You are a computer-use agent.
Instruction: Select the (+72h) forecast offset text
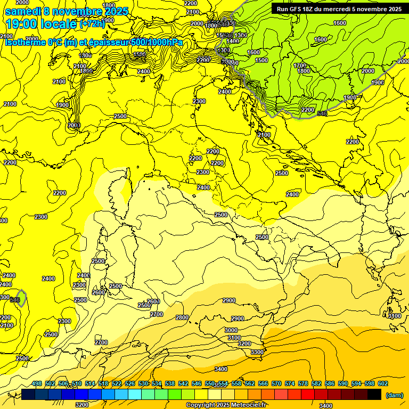(93, 24)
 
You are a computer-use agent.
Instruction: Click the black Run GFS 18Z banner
(339, 9)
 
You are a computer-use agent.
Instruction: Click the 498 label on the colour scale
(37, 383)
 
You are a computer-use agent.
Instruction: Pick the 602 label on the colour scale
(383, 383)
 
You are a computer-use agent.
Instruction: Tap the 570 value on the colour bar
(276, 383)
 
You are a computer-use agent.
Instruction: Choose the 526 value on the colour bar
(130, 383)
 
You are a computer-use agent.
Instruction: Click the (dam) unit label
(394, 395)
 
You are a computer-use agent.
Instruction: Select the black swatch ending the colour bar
(374, 394)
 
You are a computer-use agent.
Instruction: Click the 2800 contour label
(182, 317)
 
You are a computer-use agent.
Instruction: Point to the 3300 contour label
(257, 352)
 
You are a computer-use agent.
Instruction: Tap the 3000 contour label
(232, 330)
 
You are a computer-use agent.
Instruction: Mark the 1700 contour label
(300, 65)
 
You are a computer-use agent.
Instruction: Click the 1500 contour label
(261, 60)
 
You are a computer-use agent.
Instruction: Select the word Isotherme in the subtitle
(26, 42)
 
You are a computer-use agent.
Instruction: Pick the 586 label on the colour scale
(330, 383)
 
